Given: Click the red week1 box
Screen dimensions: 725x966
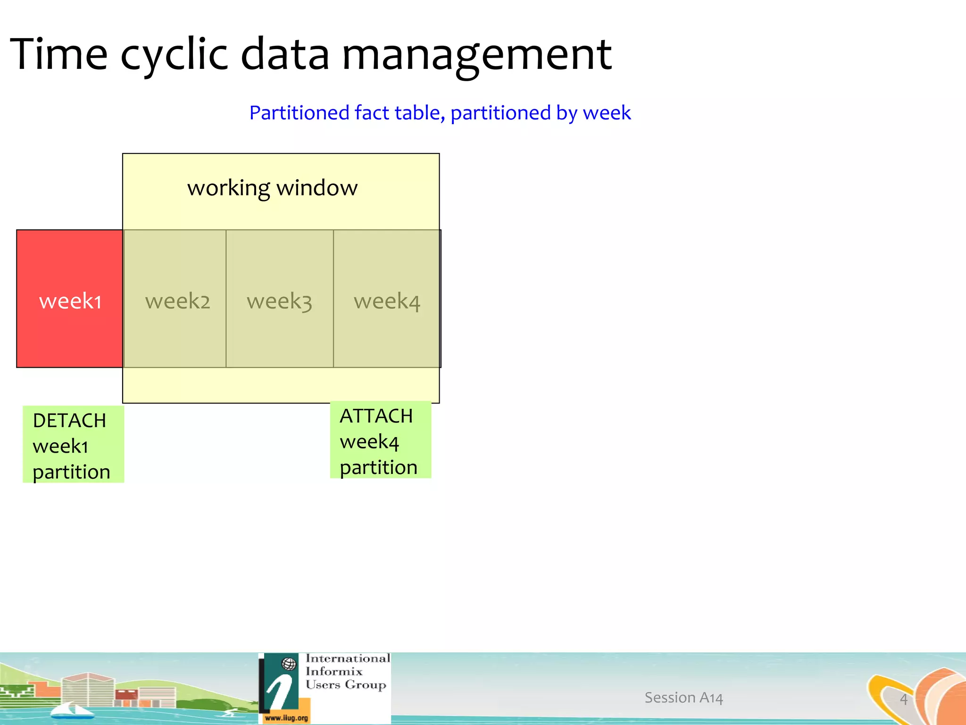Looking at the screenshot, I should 70,299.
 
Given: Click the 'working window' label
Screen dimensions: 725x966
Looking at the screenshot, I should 272,188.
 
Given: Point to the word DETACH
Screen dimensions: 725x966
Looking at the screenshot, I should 69,421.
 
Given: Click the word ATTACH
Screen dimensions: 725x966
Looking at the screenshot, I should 376,416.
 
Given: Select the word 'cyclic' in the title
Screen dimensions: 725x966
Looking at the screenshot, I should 174,54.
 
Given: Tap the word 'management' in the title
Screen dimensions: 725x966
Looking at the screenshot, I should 476,54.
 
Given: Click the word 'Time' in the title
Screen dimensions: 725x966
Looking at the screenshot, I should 58,54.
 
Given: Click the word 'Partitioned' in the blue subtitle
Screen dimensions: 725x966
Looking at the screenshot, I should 299,113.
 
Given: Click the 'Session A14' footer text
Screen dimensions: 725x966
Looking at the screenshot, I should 683,698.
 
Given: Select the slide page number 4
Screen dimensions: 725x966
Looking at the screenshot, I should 903,699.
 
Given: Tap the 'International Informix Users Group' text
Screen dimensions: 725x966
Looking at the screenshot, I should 347,671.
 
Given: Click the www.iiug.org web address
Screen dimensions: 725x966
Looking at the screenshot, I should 286,718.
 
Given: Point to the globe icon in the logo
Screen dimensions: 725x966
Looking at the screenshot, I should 289,664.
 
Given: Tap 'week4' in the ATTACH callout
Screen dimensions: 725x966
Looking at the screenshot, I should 369,442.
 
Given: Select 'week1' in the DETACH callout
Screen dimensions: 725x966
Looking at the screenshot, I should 60,447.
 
